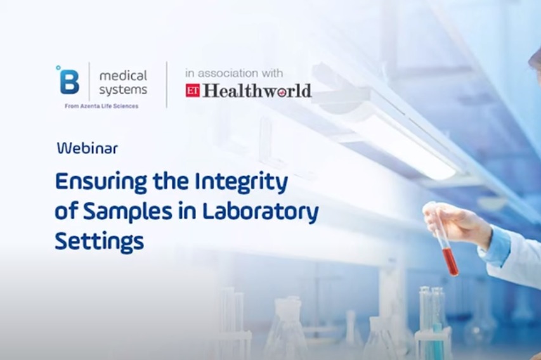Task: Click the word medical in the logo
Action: [123, 75]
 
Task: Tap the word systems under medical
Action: [123, 90]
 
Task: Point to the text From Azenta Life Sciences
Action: [101, 106]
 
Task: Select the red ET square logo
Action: [193, 91]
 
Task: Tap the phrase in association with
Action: [234, 73]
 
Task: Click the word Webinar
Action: [87, 148]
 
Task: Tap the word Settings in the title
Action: [99, 241]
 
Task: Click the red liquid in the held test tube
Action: [450, 261]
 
